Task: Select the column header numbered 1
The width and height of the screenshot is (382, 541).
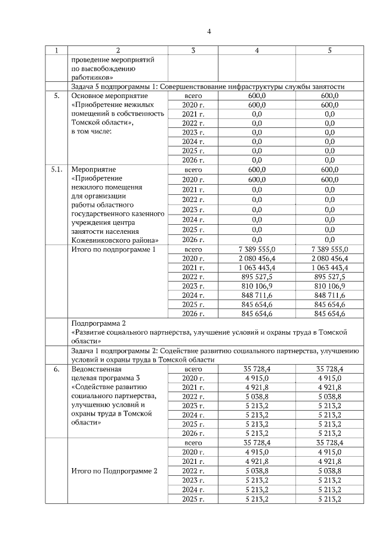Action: click(57, 50)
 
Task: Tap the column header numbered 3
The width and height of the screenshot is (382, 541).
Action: click(193, 50)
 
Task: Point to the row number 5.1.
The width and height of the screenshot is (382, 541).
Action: click(57, 170)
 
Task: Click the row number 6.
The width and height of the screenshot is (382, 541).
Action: click(57, 369)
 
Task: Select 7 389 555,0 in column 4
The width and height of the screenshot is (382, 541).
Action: click(257, 249)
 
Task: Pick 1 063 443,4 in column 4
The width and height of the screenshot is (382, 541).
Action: click(257, 268)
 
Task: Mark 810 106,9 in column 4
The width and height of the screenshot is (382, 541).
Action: click(257, 286)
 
